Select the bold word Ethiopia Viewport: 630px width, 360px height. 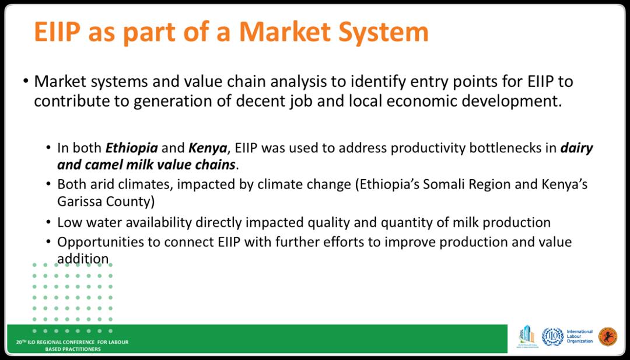pos(131,149)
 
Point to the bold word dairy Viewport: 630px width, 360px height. pos(577,149)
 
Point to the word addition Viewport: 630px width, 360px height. pos(83,259)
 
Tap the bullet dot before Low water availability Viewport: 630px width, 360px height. pos(48,222)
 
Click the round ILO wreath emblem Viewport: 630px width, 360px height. pos(552,337)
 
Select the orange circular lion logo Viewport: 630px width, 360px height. pos(607,337)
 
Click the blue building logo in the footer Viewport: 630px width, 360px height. pos(527,336)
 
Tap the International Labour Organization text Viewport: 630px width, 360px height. pos(579,337)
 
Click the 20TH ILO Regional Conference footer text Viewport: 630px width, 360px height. pos(72,345)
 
